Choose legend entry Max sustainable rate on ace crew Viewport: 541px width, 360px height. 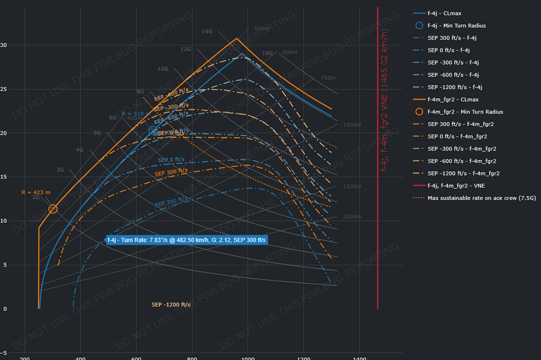pyautogui.click(x=466, y=198)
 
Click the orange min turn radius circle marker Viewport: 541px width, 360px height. pyautogui.click(x=53, y=209)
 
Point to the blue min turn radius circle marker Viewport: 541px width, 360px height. pyautogui.click(x=153, y=130)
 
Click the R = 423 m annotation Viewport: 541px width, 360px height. pyautogui.click(x=36, y=192)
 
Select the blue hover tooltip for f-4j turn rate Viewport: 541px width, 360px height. pyautogui.click(x=187, y=239)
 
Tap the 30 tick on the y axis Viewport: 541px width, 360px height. pyautogui.click(x=4, y=45)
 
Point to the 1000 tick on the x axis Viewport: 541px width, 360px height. pyautogui.click(x=248, y=358)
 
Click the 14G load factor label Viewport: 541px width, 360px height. pyautogui.click(x=207, y=31)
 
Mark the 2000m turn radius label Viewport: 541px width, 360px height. pyautogui.click(x=352, y=216)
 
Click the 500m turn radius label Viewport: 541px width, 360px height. pyautogui.click(x=262, y=29)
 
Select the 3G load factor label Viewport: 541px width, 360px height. pyautogui.click(x=60, y=170)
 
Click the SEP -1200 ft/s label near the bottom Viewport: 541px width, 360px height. pyautogui.click(x=171, y=305)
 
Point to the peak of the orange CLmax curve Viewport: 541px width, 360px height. pyautogui.click(x=236, y=38)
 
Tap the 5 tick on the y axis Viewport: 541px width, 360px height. pyautogui.click(x=5, y=265)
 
